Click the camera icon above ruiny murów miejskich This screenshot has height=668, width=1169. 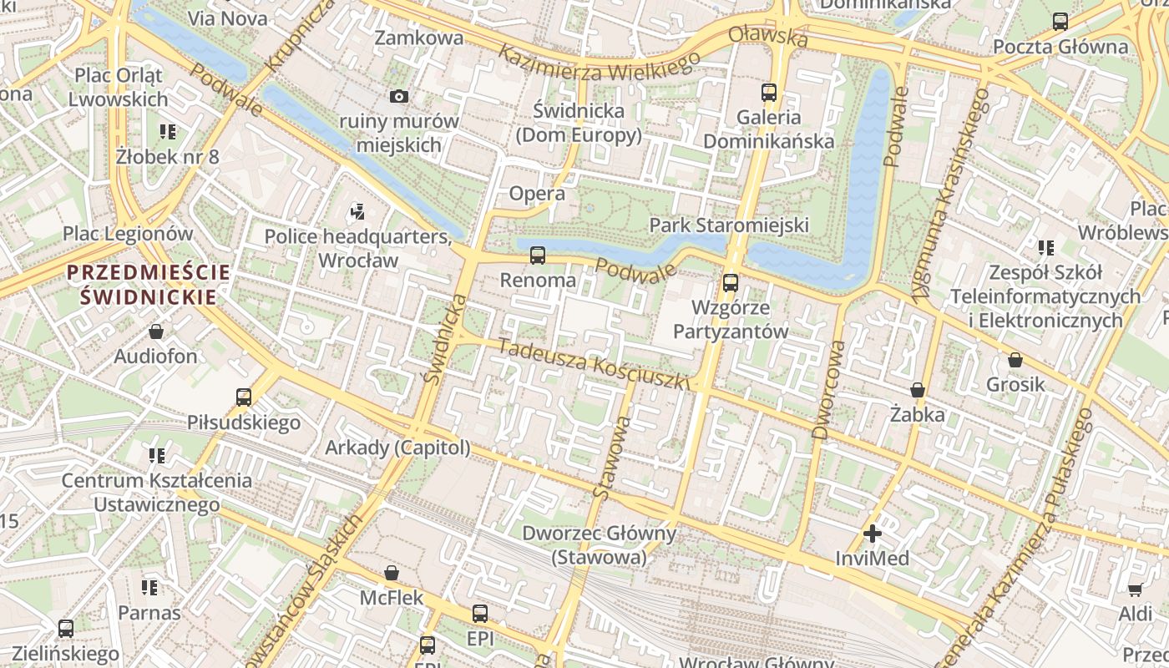coord(399,96)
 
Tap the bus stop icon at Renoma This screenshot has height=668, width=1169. coord(538,256)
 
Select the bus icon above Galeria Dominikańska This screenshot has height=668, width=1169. coord(768,93)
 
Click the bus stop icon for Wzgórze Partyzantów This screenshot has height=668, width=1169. coord(731,283)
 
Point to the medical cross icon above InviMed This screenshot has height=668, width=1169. coord(873,534)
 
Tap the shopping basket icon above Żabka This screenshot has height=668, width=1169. coord(918,390)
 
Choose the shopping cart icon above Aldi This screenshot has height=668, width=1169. coord(1135,590)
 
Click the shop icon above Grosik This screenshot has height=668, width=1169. coord(1015,360)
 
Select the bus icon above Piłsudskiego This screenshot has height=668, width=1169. coord(244,397)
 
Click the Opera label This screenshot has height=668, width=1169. coord(537,194)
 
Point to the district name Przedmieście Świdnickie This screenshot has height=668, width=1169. coord(149,284)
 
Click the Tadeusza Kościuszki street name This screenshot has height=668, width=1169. coord(594,364)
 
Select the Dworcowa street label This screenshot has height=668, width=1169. coord(827,388)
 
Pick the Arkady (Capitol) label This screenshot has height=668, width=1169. coord(397,448)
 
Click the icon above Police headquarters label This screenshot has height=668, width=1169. coord(358,212)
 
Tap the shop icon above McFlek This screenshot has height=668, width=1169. coord(392,574)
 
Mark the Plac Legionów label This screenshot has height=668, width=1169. coord(128,234)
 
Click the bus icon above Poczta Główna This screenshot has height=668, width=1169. coord(1060,22)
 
